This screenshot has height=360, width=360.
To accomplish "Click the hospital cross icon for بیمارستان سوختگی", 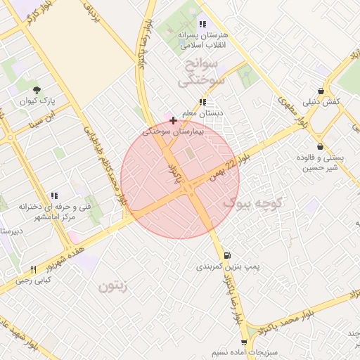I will (173, 120).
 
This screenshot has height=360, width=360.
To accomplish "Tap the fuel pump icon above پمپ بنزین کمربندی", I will (226, 255).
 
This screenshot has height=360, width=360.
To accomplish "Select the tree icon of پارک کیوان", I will (37, 89).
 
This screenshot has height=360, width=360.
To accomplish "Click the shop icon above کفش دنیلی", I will (321, 91).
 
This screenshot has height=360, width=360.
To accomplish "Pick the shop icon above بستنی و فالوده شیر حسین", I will (321, 147).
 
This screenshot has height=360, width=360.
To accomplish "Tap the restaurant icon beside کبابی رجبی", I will (32, 270).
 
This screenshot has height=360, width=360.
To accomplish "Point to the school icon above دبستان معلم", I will (202, 102).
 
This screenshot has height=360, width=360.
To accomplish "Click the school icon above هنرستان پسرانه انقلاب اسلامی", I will (202, 24).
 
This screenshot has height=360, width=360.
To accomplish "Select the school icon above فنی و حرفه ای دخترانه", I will (53, 196).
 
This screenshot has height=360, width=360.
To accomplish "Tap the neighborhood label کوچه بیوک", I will (252, 203).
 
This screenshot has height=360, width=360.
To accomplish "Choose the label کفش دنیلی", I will (323, 102).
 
